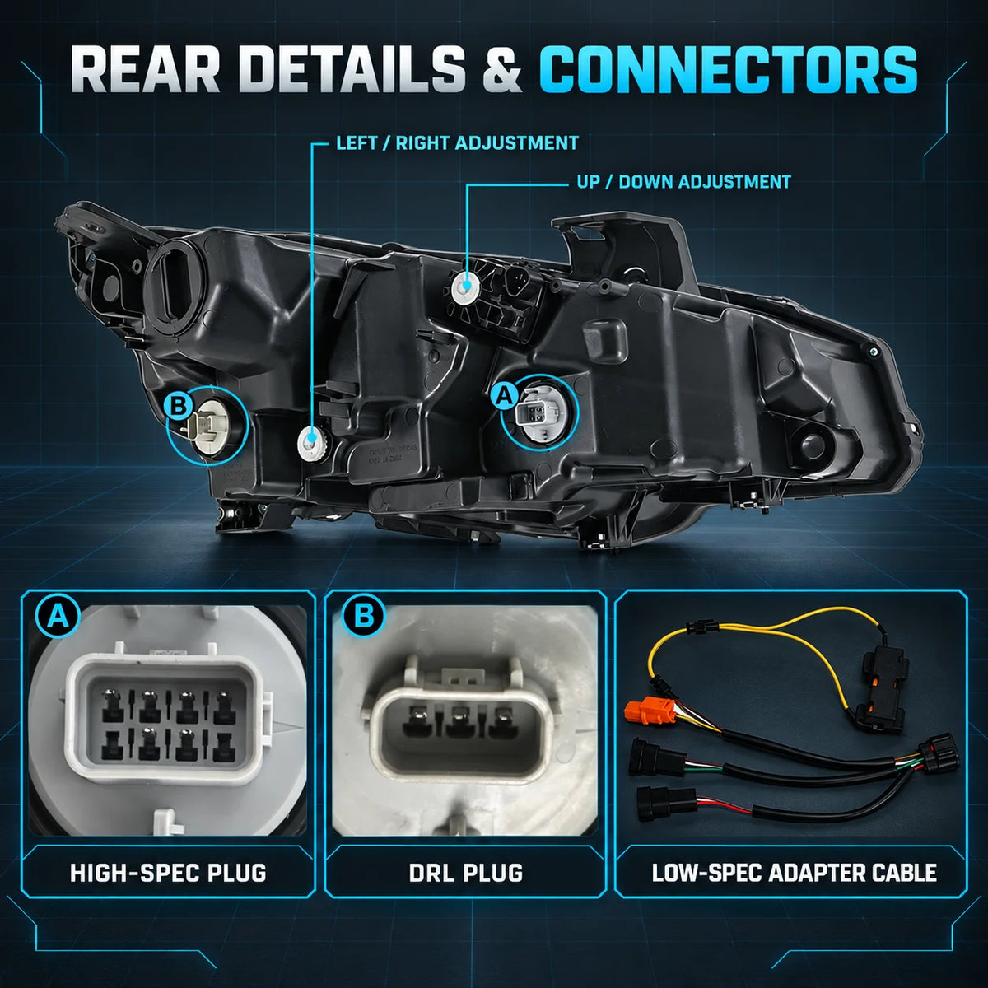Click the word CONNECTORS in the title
click(728, 70)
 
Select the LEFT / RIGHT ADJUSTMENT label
click(457, 143)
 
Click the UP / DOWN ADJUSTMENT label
click(684, 182)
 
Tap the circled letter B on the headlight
click(179, 406)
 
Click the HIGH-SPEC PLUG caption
click(168, 874)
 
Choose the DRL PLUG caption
click(466, 874)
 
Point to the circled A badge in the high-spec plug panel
click(58, 617)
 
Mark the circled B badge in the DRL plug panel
click(364, 615)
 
